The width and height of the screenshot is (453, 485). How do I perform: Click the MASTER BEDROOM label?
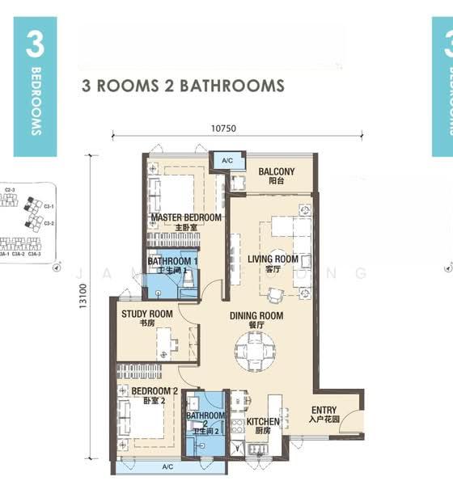[x=185, y=218]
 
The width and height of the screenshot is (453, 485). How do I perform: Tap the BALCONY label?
[x=276, y=172]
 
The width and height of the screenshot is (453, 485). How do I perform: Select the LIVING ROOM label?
[x=273, y=259]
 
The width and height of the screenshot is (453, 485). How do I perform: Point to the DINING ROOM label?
[x=256, y=316]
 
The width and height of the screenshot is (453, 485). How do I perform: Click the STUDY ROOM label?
[x=146, y=314]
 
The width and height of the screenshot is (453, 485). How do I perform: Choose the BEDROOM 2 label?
[x=148, y=391]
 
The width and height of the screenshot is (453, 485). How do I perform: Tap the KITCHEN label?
[x=263, y=422]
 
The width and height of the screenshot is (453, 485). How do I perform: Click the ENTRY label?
[x=324, y=411]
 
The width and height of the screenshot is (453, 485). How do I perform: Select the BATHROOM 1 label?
[x=172, y=262]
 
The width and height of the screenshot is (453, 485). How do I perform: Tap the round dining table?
[x=255, y=350]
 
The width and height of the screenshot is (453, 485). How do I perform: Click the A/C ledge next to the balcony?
[x=226, y=161]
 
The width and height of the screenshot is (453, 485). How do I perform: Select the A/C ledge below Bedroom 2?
[x=167, y=467]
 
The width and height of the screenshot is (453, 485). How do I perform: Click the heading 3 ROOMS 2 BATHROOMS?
[x=183, y=85]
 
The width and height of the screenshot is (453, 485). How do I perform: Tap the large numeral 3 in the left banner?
[x=34, y=46]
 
